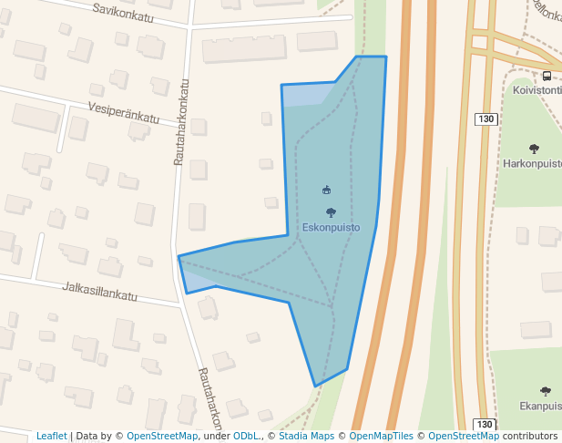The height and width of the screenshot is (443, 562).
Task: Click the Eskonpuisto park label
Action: (x=331, y=227)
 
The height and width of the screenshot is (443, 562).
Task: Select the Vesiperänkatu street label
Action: (x=124, y=112)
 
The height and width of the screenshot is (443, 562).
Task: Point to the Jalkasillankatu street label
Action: (x=99, y=291)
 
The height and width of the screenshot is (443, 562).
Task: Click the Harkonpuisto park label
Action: (x=532, y=164)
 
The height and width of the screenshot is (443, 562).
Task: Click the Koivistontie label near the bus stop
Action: (x=536, y=90)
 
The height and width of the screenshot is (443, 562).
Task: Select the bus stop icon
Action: (x=547, y=76)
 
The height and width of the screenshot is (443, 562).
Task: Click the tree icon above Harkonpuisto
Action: (x=534, y=149)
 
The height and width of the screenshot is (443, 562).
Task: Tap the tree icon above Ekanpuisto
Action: (x=546, y=391)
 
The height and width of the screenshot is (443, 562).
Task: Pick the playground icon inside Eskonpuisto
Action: (x=327, y=190)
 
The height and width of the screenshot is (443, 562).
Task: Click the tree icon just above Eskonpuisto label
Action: (x=331, y=212)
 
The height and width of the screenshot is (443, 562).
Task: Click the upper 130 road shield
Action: (x=485, y=118)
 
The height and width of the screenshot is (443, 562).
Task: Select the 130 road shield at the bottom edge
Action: (x=485, y=425)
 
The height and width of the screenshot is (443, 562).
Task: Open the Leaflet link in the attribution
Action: (x=51, y=436)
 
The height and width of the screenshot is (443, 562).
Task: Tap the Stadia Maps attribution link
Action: (x=305, y=436)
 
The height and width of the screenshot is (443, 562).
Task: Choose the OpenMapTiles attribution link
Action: (x=380, y=436)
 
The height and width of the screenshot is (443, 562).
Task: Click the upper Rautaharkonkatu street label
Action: (x=181, y=121)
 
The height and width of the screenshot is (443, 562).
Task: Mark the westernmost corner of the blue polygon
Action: (x=179, y=257)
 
